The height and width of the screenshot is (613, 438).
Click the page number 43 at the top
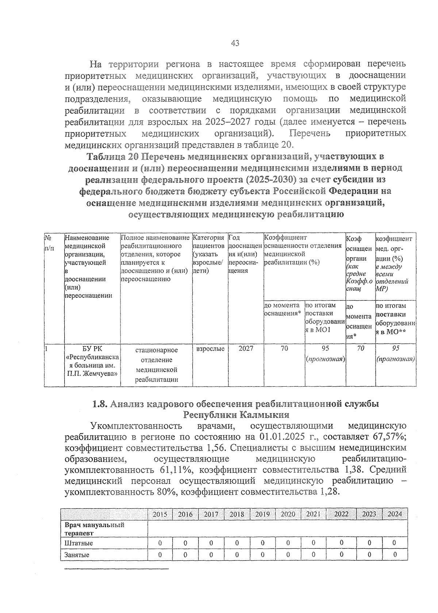click(x=235, y=43)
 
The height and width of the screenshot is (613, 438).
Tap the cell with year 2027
click(x=246, y=348)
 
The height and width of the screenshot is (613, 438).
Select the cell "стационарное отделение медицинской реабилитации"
click(x=156, y=365)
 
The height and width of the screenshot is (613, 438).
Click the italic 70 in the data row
click(x=360, y=348)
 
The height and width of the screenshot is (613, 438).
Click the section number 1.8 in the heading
click(x=99, y=404)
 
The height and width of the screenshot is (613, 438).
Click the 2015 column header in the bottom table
click(x=160, y=514)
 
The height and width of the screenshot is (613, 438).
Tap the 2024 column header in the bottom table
click(x=394, y=514)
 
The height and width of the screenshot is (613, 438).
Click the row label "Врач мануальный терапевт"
click(x=94, y=529)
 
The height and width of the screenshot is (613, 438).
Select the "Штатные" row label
click(x=78, y=543)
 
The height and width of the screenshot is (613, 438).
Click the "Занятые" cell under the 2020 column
click(x=288, y=555)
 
